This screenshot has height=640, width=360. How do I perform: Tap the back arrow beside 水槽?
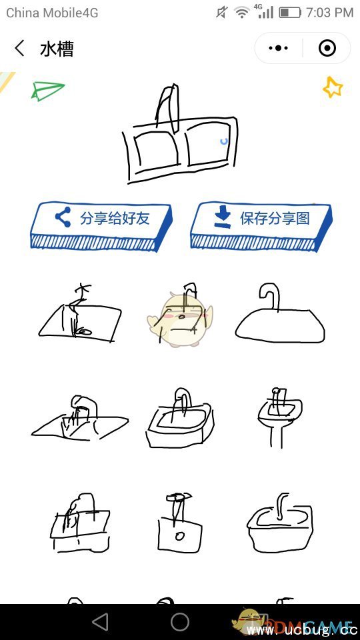(19, 49)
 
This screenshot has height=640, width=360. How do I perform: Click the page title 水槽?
(57, 49)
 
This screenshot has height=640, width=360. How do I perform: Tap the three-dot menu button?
(278, 49)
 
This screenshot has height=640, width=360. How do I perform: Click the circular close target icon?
(327, 49)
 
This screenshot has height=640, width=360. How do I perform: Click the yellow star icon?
(332, 87)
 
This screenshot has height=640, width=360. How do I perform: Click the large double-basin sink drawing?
(180, 137)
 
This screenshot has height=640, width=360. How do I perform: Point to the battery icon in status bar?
(289, 12)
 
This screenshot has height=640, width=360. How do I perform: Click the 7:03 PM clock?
(330, 12)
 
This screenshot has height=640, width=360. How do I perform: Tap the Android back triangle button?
(100, 622)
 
